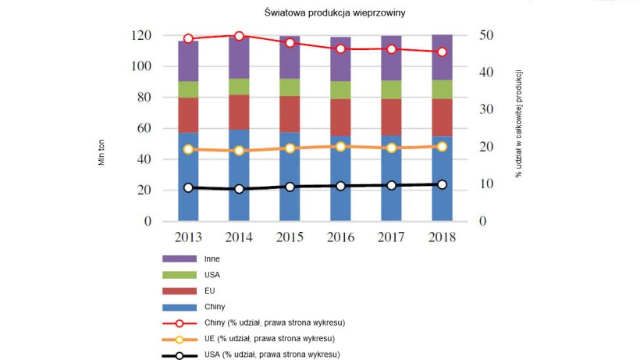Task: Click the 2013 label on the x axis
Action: (x=188, y=237)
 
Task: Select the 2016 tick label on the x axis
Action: (x=340, y=237)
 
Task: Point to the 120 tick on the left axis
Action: (x=140, y=35)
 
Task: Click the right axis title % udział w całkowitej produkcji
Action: (x=518, y=123)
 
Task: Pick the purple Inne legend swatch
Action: (x=179, y=258)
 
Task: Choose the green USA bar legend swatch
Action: (x=179, y=274)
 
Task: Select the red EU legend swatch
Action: (x=179, y=290)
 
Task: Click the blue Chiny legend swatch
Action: (x=179, y=307)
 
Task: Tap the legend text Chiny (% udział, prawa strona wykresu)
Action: (x=279, y=323)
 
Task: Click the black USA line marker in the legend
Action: (x=179, y=355)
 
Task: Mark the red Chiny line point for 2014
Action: (x=239, y=36)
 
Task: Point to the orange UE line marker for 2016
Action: (x=340, y=146)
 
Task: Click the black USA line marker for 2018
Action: (x=442, y=184)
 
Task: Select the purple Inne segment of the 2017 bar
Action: (x=391, y=59)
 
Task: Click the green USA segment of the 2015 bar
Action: (x=290, y=87)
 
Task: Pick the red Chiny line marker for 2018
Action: (x=442, y=52)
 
